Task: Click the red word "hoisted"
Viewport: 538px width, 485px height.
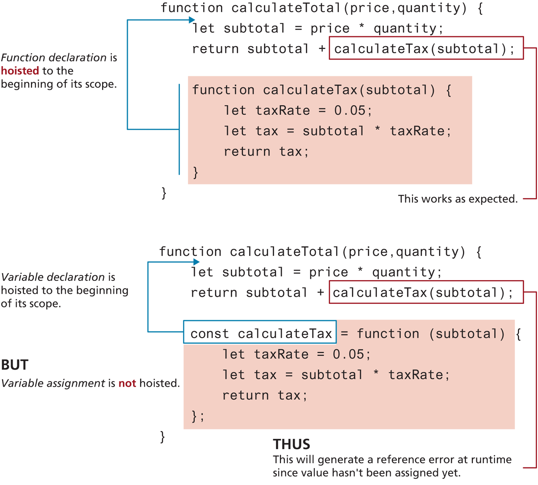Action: point(20,70)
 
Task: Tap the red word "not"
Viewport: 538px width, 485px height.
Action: point(127,383)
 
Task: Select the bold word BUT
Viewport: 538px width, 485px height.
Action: point(15,365)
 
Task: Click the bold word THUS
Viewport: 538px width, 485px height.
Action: point(292,444)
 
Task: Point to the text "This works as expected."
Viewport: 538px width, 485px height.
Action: point(458,199)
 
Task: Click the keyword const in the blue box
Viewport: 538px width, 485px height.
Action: point(210,334)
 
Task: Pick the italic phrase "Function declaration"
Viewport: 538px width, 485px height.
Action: point(54,57)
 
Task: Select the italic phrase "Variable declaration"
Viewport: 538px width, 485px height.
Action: point(53,277)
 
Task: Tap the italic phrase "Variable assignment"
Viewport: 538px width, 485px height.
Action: point(53,383)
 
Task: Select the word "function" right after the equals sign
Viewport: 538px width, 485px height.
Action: point(388,334)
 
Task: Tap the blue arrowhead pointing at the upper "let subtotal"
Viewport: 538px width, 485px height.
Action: point(192,20)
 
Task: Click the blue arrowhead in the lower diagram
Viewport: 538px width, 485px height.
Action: point(196,262)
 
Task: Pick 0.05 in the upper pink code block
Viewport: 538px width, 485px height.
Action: point(350,110)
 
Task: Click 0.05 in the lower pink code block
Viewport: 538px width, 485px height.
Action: point(348,354)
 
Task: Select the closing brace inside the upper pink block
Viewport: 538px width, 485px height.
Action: point(196,172)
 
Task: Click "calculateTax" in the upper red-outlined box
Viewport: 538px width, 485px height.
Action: point(381,49)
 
